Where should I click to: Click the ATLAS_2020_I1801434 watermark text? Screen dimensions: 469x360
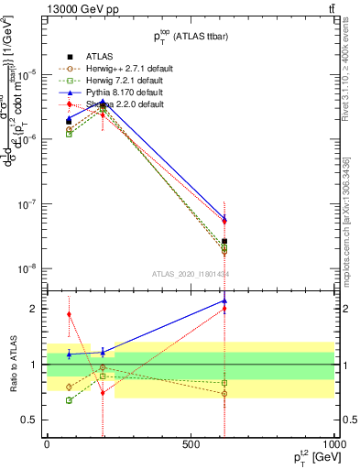tap(191, 274)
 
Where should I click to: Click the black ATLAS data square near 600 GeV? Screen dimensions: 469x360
tap(224, 242)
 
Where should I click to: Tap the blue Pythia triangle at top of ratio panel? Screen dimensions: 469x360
tap(224, 300)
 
